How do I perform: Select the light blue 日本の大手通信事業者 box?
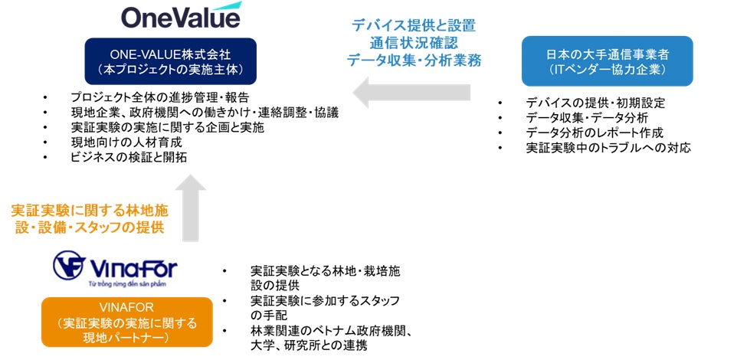pos(607,61)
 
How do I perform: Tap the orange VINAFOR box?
pos(126,322)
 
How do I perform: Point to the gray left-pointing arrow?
pos(412,94)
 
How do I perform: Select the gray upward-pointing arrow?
pos(195,208)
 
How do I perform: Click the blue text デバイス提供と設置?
pos(414,25)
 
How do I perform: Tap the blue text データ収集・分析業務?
pos(414,61)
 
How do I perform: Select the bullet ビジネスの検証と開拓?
pos(129,157)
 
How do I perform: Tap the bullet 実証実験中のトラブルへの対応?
pos(608,147)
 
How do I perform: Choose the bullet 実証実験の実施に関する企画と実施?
pos(167,127)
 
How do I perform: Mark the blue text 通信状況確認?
pos(414,43)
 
